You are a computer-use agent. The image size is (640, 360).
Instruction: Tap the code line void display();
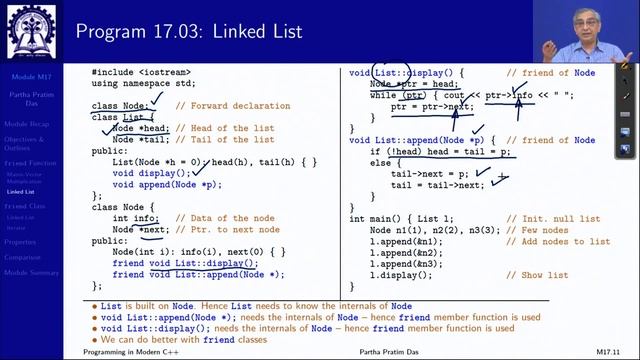pos(151,172)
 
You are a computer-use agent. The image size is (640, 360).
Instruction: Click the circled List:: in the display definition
pos(388,73)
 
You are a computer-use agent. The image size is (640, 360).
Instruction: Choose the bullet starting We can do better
pos(171,337)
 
